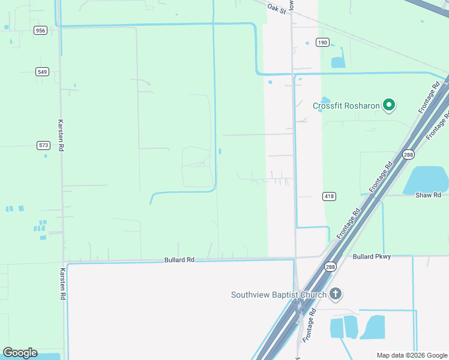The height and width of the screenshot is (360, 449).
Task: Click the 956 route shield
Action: (41, 31)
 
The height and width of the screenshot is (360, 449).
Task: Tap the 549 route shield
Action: (42, 72)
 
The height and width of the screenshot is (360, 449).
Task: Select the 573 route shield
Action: (43, 145)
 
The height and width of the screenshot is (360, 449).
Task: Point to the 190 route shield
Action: (323, 43)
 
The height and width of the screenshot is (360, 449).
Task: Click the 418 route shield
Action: (329, 196)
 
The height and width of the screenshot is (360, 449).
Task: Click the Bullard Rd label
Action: (179, 260)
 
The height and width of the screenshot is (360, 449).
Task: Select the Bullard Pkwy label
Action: (372, 257)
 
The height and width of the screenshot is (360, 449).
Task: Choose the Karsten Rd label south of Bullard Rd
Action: (62, 284)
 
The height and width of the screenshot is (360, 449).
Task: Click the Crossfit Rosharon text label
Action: (346, 106)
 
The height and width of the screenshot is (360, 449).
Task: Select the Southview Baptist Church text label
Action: (279, 295)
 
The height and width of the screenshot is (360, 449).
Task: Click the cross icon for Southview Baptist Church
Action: (336, 294)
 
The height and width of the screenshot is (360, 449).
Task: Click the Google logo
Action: (20, 353)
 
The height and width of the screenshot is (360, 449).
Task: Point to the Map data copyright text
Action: (412, 355)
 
